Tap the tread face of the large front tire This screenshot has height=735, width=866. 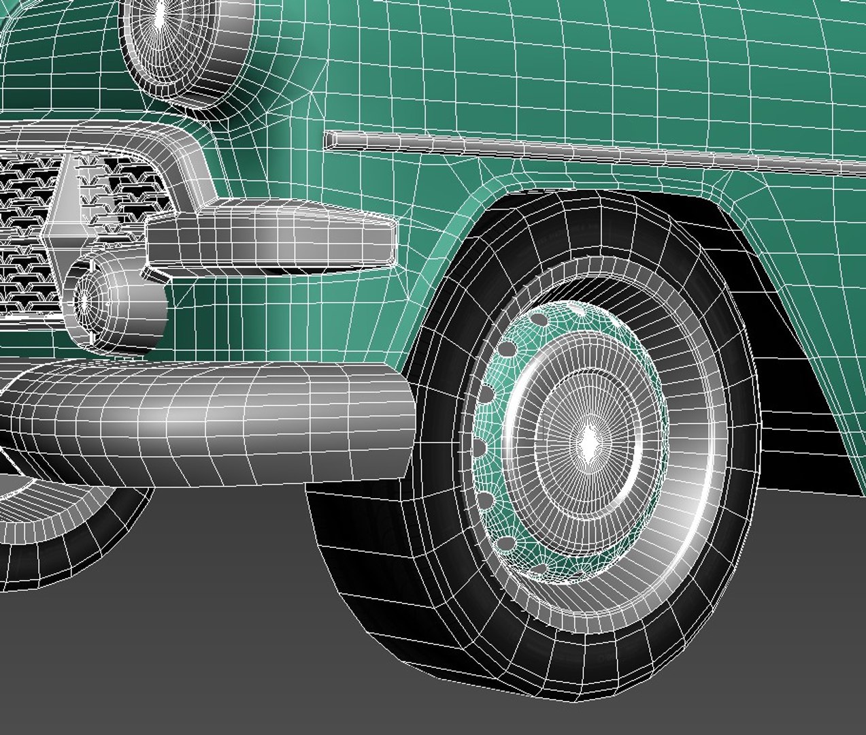pos(381,585)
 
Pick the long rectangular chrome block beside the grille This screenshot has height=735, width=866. pos(272,235)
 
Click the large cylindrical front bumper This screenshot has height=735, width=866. pos(204,419)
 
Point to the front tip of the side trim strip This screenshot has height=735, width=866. pos(329,140)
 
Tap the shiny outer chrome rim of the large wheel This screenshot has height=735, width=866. pos(694,476)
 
